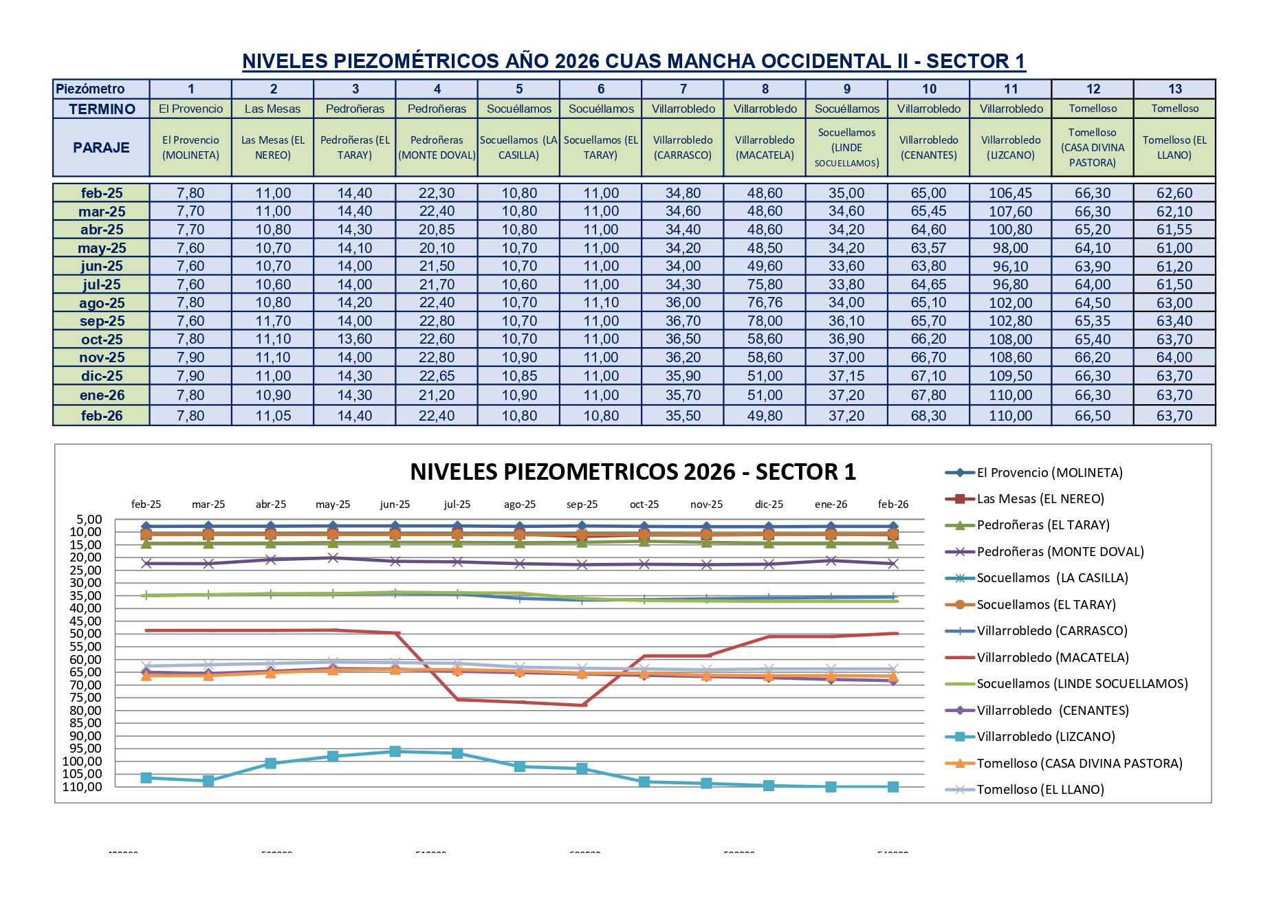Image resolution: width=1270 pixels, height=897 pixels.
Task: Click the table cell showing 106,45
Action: [1010, 193]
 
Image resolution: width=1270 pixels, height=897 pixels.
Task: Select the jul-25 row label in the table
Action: [102, 285]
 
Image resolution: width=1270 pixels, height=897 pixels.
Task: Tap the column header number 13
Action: [1174, 89]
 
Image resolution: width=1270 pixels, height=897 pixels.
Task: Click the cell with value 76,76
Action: [765, 302]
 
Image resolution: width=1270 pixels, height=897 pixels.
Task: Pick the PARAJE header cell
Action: [101, 147]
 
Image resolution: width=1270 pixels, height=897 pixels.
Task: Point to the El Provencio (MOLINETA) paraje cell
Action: [190, 147]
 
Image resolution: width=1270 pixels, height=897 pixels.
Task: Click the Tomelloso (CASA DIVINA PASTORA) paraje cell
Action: [1092, 147]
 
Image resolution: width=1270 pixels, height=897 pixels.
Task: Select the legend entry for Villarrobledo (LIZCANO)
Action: [1045, 737]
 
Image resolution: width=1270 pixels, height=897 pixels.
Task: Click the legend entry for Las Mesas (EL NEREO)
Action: [1040, 499]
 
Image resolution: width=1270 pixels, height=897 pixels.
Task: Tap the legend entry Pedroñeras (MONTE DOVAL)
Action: [1060, 552]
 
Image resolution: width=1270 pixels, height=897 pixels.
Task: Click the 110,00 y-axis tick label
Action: [83, 786]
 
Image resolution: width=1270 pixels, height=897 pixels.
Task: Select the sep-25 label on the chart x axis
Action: [582, 505]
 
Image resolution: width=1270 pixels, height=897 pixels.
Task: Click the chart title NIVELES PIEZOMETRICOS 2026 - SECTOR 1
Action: [633, 472]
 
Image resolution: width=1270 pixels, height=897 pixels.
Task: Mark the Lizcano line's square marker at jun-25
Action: [395, 751]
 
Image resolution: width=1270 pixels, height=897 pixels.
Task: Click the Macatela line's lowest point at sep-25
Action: [582, 705]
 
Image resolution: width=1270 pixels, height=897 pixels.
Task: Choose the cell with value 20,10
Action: [437, 248]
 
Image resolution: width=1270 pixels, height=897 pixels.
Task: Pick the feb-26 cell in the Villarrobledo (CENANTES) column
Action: [928, 416]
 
